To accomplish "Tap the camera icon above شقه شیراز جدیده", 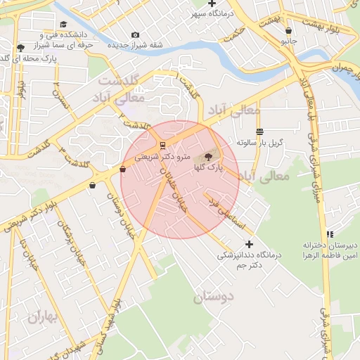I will pos(135,34).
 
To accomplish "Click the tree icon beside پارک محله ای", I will pos(21,49).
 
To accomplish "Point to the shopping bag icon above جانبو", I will pos(289,31).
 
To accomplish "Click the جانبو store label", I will pos(290,41).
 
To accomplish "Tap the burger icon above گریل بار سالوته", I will pos(259,131).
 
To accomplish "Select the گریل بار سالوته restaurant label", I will pos(259,142).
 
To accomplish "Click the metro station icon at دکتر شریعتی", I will pos(163,146).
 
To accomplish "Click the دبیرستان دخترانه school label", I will pos(330,245).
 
